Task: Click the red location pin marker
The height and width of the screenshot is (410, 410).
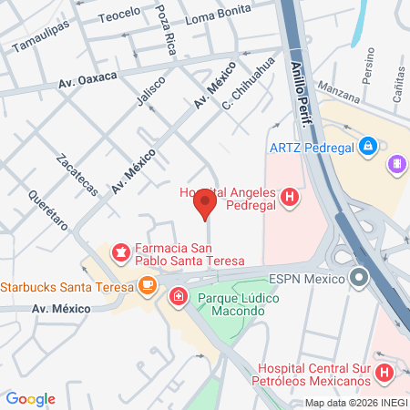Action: [x=205, y=204]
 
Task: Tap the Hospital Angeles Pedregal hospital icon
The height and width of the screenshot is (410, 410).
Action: [x=290, y=196]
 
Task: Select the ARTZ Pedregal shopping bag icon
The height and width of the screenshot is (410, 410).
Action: [x=367, y=145]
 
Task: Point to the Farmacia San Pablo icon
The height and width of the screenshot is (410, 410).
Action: [x=119, y=251]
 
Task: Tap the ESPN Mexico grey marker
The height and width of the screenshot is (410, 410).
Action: [x=360, y=277]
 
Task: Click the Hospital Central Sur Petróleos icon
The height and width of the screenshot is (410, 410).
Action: [x=384, y=372]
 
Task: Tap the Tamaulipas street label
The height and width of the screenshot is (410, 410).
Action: [x=42, y=41]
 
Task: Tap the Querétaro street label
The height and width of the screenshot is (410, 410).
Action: [x=47, y=210]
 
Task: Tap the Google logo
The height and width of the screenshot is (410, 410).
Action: [x=30, y=399]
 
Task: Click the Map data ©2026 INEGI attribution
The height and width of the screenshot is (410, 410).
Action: [x=355, y=402]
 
